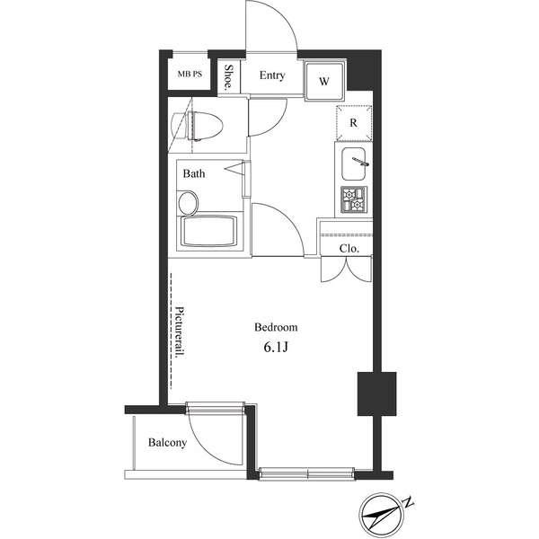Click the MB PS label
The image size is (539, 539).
190,74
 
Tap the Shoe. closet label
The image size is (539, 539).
228,77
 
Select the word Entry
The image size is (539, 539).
272,75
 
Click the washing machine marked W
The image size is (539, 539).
324,81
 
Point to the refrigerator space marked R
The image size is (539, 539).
354,123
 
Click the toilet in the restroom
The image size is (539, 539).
197,126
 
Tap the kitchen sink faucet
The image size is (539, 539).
360,161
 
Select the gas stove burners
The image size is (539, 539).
354,199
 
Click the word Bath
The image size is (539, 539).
194,173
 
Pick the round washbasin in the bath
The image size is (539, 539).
189,203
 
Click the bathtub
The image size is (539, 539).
209,232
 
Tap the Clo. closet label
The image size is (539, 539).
349,248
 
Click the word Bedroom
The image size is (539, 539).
276,327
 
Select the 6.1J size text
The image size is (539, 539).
276,348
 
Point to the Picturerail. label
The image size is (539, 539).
180,332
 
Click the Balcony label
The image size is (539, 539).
167,442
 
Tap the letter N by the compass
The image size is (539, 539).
408,502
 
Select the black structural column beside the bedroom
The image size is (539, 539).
376,393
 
